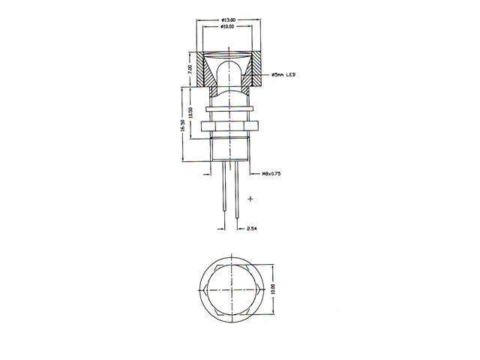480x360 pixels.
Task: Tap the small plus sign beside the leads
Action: pos(250,199)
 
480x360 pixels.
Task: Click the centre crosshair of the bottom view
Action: pos(231,289)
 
